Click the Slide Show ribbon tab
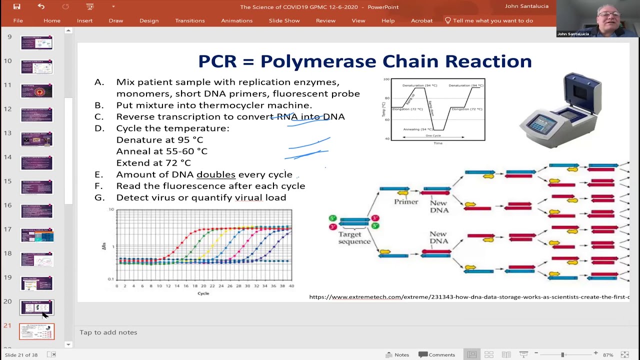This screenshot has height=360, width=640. pyautogui.click(x=284, y=20)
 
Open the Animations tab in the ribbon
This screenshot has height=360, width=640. pyautogui.click(x=236, y=20)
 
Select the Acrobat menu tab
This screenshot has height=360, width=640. pyautogui.click(x=421, y=20)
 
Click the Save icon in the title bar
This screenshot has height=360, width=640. pyautogui.click(x=16, y=6)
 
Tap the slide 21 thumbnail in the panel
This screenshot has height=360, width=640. pyautogui.click(x=36, y=331)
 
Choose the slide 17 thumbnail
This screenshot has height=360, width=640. pyautogui.click(x=36, y=235)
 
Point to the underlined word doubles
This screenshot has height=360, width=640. pyautogui.click(x=216, y=174)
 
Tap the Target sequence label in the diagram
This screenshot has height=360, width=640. pyautogui.click(x=354, y=238)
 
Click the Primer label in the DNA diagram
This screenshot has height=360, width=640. pyautogui.click(x=405, y=202)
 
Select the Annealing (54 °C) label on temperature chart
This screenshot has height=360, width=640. pyautogui.click(x=418, y=129)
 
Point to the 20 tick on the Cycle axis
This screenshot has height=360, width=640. pyautogui.click(x=203, y=286)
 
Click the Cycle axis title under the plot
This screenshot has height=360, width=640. pyautogui.click(x=203, y=293)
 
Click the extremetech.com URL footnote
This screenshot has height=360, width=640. pyautogui.click(x=469, y=297)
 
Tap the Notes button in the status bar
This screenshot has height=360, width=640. pyautogui.click(x=397, y=354)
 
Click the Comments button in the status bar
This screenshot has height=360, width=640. pyautogui.click(x=436, y=354)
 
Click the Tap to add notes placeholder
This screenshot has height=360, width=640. pyautogui.click(x=108, y=332)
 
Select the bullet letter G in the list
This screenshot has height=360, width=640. pyautogui.click(x=98, y=197)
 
